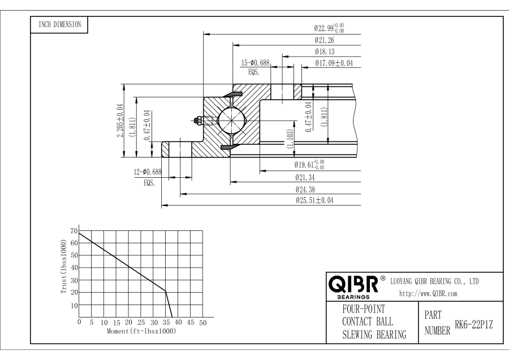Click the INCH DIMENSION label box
point(58,25)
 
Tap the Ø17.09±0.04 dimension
point(334,63)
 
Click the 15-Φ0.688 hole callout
point(256,63)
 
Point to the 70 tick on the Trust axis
point(74,231)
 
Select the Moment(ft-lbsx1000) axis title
point(141,330)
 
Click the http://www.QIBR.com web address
point(428,294)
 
